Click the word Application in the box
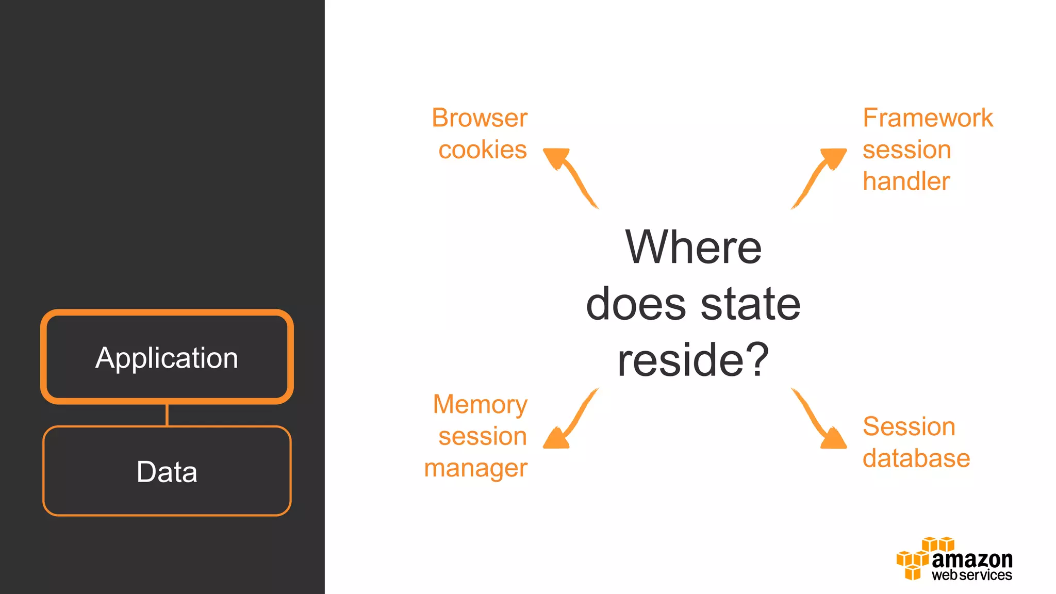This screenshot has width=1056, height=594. click(x=167, y=358)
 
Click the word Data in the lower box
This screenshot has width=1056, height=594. click(x=167, y=472)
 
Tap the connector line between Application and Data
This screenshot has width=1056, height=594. click(x=167, y=415)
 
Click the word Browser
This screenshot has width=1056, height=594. click(x=480, y=118)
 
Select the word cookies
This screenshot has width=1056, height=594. click(x=483, y=150)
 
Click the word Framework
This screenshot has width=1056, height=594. click(x=928, y=118)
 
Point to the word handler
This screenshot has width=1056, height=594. click(x=906, y=181)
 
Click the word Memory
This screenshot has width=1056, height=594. click(x=480, y=404)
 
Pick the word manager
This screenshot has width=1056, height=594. click(x=475, y=468)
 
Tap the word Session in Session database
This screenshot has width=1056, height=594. click(x=909, y=426)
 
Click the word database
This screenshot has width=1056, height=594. click(x=916, y=458)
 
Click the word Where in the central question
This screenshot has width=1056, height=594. click(x=693, y=247)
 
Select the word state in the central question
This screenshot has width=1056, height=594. click(x=750, y=304)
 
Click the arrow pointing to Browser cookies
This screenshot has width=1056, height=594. click(x=570, y=175)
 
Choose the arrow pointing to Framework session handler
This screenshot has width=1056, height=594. click(x=820, y=175)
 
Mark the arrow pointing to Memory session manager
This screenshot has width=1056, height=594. click(x=570, y=420)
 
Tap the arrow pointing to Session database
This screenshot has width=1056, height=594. click(x=820, y=420)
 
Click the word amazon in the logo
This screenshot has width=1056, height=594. click(x=972, y=559)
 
